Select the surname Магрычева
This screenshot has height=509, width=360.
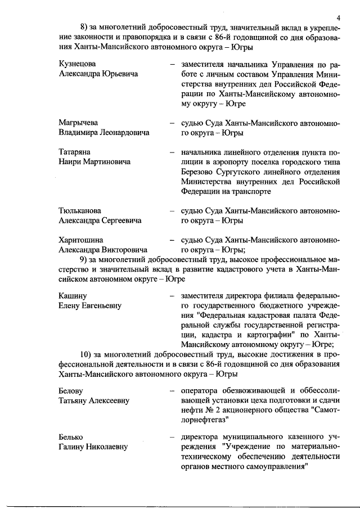point(78,123)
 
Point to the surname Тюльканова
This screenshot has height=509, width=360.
point(80,211)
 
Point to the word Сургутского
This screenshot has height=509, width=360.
point(242,172)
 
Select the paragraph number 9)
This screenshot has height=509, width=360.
point(85,259)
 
